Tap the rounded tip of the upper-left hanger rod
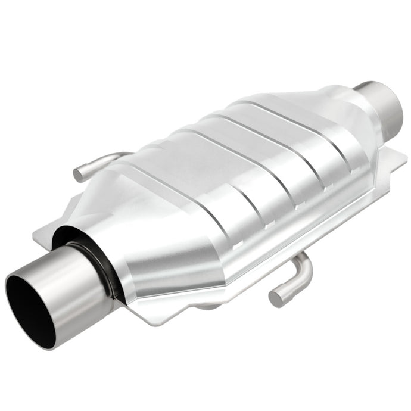pos(78,174)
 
